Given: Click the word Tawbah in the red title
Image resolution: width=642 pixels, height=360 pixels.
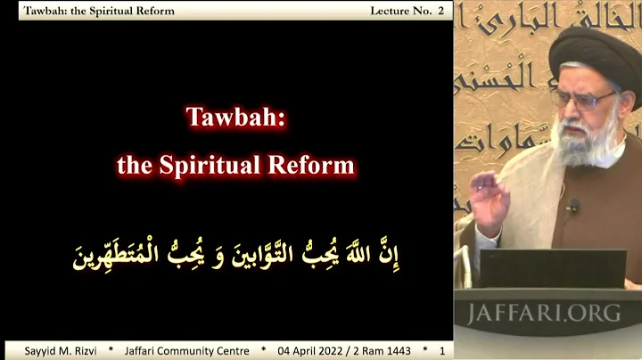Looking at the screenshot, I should click(235, 118).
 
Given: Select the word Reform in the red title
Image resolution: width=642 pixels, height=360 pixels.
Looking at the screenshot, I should click(317, 165).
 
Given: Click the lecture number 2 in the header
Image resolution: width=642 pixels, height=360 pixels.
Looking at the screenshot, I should click(440, 11).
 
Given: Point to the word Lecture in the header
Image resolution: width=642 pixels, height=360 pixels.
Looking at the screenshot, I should click(391, 11).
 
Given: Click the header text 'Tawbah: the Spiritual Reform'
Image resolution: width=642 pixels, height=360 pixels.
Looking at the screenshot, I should click(99, 11).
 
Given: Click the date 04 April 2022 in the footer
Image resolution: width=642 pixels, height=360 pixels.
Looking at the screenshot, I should click(312, 350).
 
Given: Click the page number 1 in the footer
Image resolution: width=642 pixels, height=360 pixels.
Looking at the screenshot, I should click(440, 350).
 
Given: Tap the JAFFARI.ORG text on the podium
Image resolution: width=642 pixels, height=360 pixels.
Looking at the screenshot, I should click(545, 314).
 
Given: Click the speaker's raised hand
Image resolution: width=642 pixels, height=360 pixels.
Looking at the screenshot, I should click(488, 196).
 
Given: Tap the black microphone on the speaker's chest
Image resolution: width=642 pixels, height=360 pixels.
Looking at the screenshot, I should click(572, 207).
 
